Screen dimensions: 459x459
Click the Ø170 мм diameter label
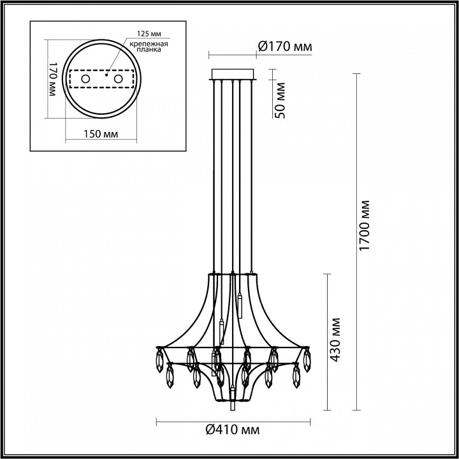click(x=285, y=45)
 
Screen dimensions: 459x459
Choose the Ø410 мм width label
click(x=233, y=432)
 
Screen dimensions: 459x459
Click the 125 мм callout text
click(x=147, y=34)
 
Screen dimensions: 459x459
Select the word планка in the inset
click(x=151, y=49)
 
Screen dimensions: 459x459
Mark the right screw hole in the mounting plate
click(x=118, y=78)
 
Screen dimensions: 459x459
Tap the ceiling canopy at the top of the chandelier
click(x=233, y=74)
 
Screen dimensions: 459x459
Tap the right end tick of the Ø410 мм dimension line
click(x=310, y=421)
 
